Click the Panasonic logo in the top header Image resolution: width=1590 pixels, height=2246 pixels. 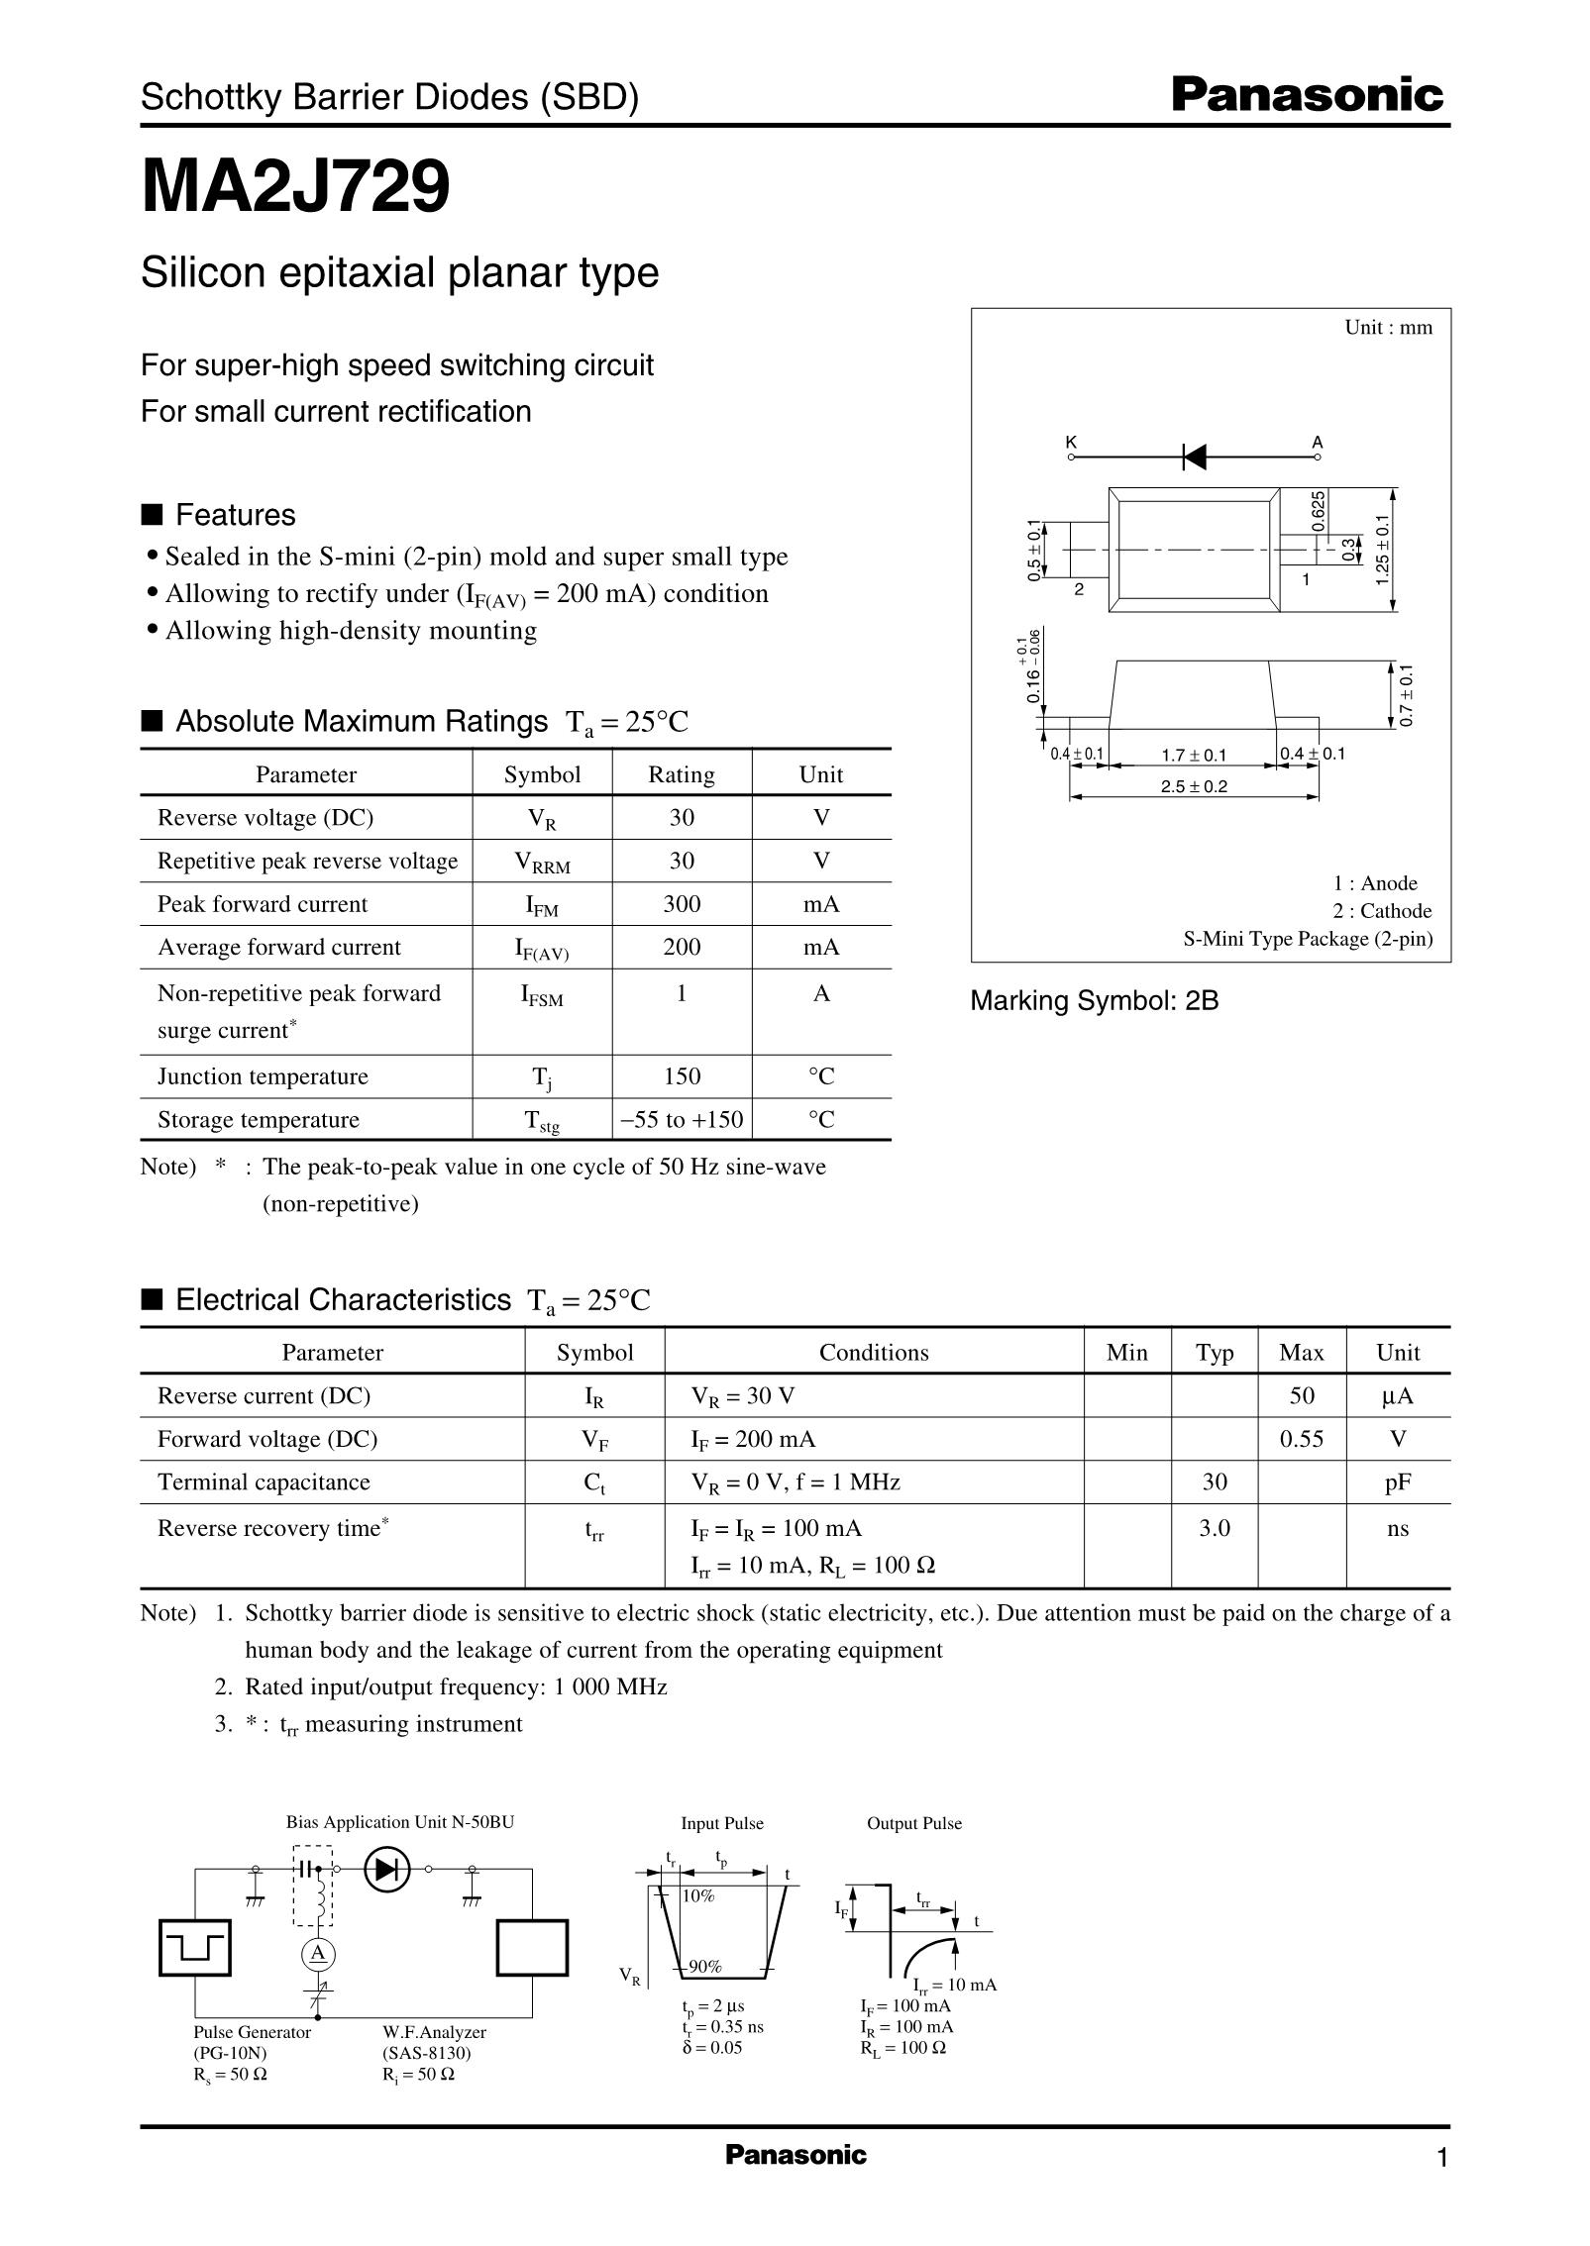tap(1307, 96)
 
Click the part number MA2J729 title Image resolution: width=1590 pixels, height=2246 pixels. tap(296, 187)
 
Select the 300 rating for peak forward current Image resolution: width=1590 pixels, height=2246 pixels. tap(682, 904)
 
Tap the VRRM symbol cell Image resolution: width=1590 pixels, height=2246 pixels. tap(542, 863)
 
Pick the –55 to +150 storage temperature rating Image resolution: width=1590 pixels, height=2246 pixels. tap(682, 1120)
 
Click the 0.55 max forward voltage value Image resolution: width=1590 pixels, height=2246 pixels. tap(1301, 1439)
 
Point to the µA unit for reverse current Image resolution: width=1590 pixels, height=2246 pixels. tap(1397, 1395)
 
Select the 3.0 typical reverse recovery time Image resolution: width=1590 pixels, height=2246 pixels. tap(1215, 1528)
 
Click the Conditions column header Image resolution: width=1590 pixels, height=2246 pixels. tap(873, 1353)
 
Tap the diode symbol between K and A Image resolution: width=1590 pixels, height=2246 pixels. tap(1195, 457)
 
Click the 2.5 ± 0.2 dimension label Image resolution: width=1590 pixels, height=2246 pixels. tap(1194, 787)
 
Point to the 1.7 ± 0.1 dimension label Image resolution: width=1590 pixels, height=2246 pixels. tap(1194, 756)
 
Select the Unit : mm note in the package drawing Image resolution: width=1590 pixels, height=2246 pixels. tap(1388, 328)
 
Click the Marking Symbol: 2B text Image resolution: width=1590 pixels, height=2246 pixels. tap(1094, 1001)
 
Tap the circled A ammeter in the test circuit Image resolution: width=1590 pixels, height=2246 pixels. tap(318, 1952)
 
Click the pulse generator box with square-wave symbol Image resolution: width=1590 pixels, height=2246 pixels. tap(195, 1947)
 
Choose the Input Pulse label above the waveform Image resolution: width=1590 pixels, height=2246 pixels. tap(722, 1823)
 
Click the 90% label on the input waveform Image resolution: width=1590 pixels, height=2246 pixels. tap(704, 1966)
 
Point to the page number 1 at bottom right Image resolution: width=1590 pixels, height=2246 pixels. tap(1441, 2157)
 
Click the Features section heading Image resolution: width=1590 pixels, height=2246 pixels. tap(235, 515)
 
